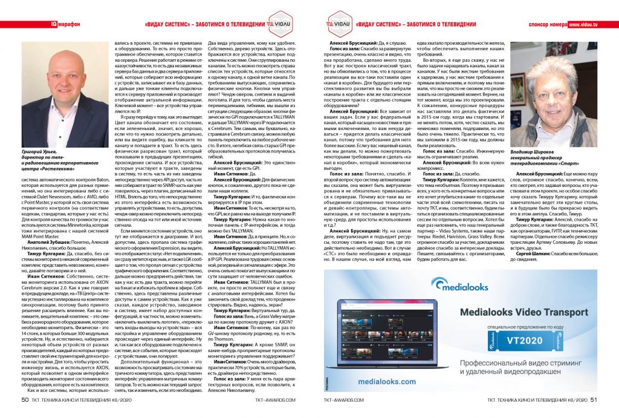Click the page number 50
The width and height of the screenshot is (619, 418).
pyautogui.click(x=25, y=399)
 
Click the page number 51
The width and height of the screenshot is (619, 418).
pyautogui.click(x=594, y=399)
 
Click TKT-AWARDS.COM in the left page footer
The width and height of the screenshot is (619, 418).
pyautogui.click(x=275, y=400)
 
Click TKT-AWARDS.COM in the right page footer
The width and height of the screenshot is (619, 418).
pyautogui.click(x=344, y=400)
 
